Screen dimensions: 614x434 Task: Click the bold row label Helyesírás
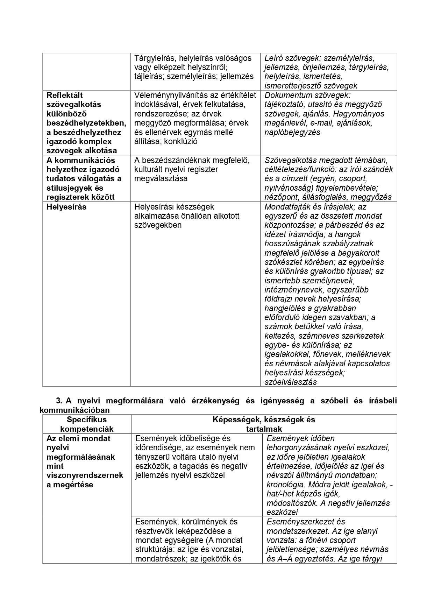(x=66, y=207)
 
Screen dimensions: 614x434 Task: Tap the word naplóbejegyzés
(x=292, y=133)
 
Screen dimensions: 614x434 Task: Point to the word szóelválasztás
(x=291, y=382)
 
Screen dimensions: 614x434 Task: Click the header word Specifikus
(x=87, y=420)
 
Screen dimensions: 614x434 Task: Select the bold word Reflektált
(x=65, y=95)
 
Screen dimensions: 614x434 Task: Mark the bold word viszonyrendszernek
(x=85, y=475)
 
